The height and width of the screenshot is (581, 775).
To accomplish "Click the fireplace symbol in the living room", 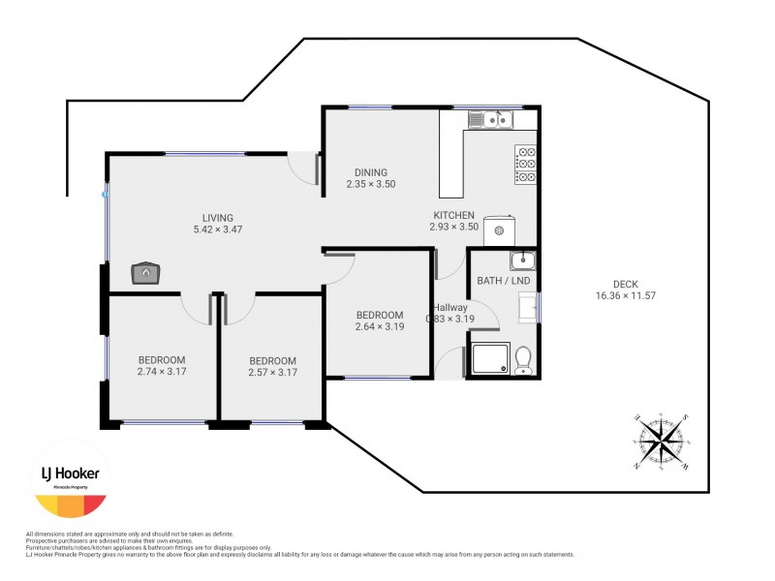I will (x=144, y=273).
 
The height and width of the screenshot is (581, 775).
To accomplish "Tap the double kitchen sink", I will (x=490, y=120).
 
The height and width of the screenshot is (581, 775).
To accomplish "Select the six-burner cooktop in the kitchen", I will (x=527, y=164).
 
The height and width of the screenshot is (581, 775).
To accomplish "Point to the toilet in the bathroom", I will (x=523, y=359).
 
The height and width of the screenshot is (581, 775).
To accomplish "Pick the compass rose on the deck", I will (x=663, y=443).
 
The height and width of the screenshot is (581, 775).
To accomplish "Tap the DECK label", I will (x=626, y=283).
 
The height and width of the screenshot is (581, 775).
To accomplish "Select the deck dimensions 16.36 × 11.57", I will (x=626, y=295).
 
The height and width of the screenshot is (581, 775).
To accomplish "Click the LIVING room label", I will (x=218, y=218).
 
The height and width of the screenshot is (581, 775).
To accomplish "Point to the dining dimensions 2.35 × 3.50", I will (x=371, y=184).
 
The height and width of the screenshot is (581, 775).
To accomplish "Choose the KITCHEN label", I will (x=453, y=215).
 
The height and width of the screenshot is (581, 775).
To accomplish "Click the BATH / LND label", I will (x=503, y=282).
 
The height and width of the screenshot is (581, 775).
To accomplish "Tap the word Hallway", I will (x=449, y=307).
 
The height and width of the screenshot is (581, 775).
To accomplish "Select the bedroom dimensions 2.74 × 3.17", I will (x=163, y=372).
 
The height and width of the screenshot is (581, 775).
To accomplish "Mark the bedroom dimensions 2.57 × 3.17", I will (x=272, y=372).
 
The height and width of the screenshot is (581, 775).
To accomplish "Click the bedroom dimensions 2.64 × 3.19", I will (x=379, y=327).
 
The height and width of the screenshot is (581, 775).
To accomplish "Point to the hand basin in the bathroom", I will (x=522, y=260).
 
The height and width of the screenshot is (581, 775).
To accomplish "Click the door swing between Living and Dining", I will (x=309, y=168).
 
